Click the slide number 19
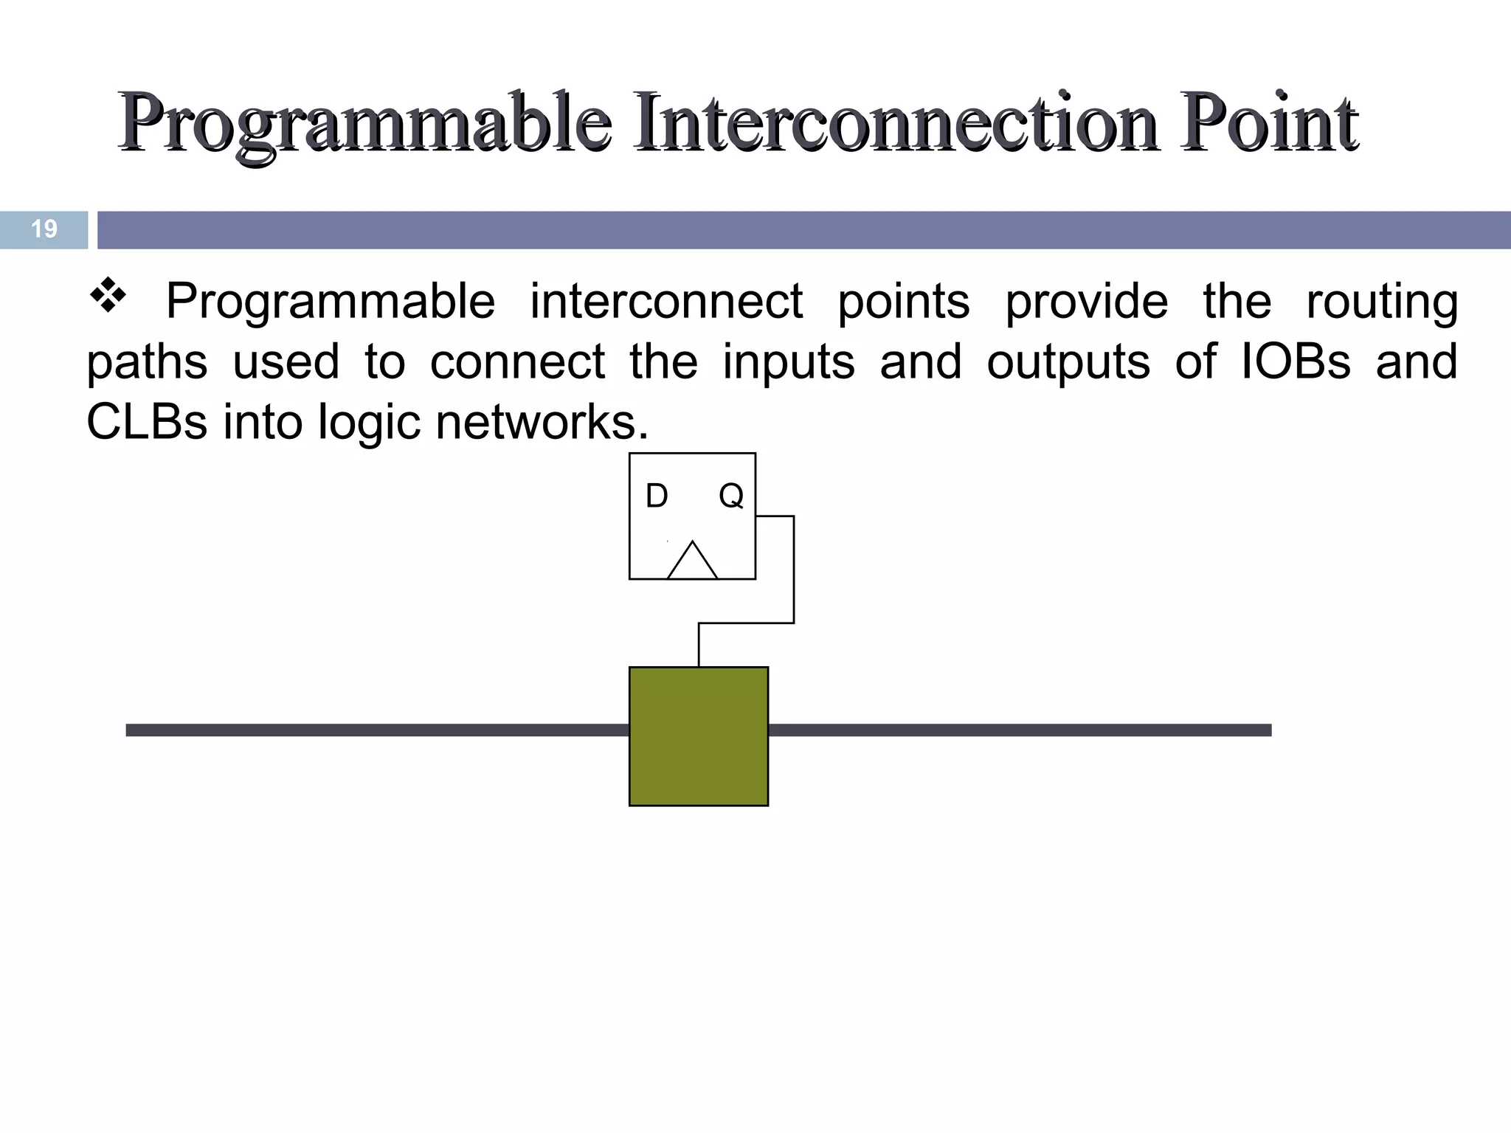coord(44,229)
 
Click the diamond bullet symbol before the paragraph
coord(108,295)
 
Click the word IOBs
coord(1296,361)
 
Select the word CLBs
coord(147,422)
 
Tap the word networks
coord(542,422)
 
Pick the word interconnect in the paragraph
coord(666,301)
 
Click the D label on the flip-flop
coord(657,496)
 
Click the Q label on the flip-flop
coord(730,496)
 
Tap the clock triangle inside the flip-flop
coord(692,562)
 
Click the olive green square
coord(698,736)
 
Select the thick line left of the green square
coord(376,730)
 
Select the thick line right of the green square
coord(1018,730)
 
